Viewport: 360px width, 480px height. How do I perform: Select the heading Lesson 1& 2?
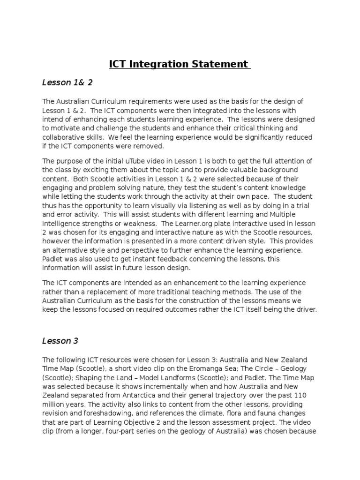[x=67, y=83]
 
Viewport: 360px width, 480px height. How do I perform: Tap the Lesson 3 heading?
[x=60, y=341]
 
